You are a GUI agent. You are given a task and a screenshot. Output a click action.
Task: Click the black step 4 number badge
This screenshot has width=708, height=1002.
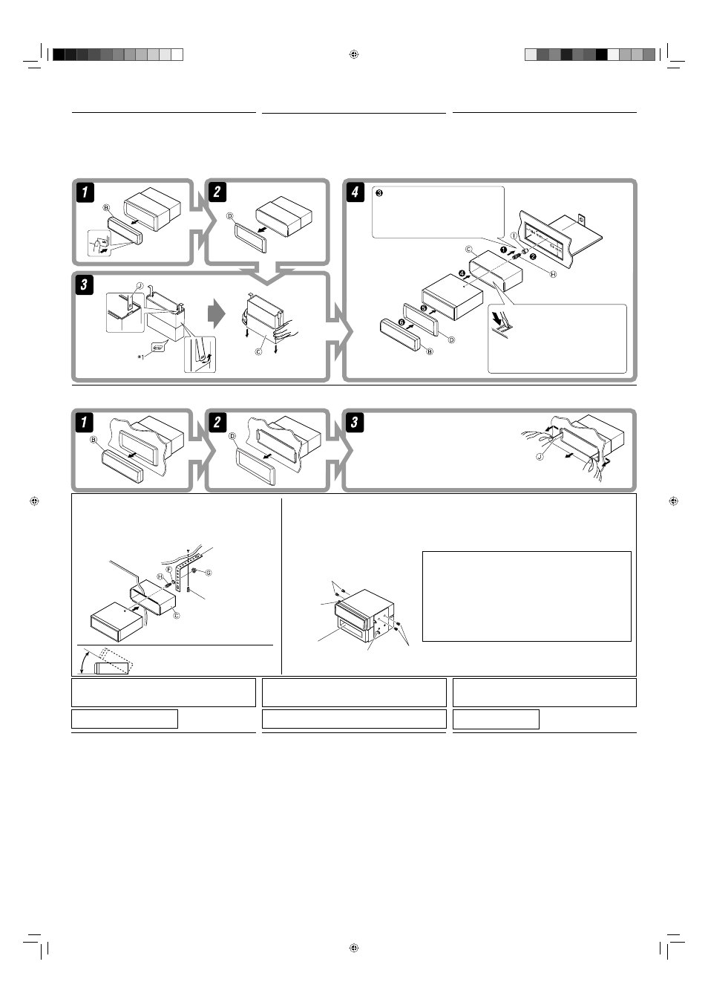355,192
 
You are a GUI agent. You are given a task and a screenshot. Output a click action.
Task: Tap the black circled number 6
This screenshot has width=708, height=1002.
401,322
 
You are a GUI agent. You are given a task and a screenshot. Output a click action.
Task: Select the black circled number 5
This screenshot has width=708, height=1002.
424,308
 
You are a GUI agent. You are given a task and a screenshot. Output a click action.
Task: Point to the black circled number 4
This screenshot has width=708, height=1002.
462,274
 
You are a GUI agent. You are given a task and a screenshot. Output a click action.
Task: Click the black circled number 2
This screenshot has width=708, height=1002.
532,257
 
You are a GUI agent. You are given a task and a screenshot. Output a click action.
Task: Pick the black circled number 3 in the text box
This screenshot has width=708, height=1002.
379,193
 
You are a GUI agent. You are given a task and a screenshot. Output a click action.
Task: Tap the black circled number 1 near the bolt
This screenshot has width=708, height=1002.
503,250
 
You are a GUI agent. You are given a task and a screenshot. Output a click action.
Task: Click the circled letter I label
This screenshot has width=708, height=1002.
514,235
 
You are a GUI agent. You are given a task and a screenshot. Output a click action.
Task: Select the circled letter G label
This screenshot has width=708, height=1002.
209,573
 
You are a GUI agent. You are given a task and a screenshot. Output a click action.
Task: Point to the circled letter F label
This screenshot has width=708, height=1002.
169,570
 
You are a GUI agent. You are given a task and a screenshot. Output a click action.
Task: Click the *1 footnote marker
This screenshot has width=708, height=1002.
141,357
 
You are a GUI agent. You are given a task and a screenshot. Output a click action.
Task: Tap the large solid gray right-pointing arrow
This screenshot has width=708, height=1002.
217,313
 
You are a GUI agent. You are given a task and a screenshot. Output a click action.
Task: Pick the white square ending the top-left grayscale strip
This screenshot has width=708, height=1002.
177,54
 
